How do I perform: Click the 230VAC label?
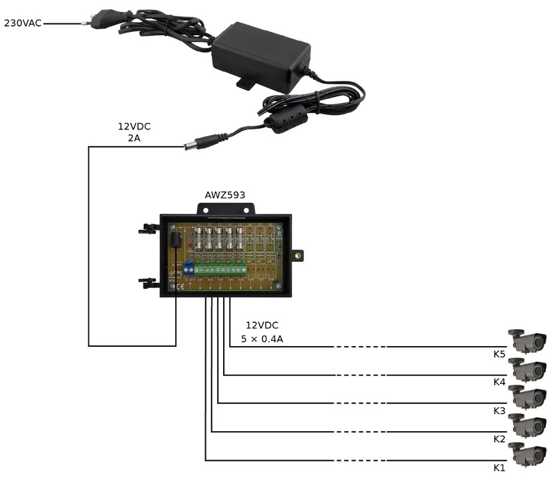(x=23, y=23)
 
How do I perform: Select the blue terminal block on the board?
(x=188, y=267)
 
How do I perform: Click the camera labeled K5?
(x=528, y=340)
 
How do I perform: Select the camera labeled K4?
(x=528, y=369)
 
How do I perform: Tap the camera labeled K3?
(x=528, y=397)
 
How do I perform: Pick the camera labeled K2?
(x=528, y=425)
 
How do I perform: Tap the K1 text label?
(x=499, y=468)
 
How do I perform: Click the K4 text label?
(x=499, y=382)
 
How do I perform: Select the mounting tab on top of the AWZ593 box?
(x=225, y=208)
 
